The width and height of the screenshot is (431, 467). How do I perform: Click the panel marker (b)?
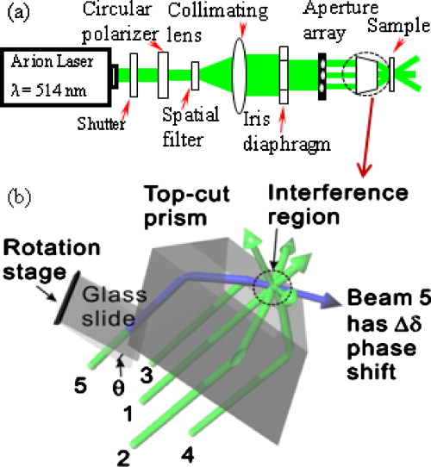coord(22,207)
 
